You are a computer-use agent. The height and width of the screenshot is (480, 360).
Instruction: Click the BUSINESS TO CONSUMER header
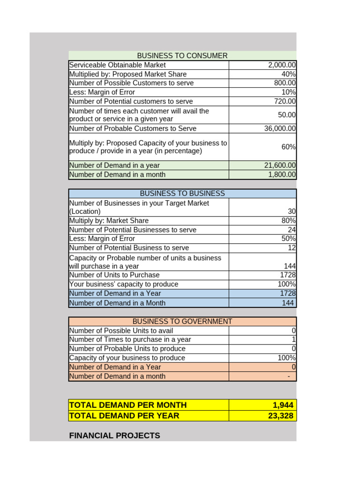pyautogui.click(x=182, y=56)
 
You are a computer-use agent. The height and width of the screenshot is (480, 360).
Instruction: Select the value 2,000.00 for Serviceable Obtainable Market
pyautogui.click(x=281, y=65)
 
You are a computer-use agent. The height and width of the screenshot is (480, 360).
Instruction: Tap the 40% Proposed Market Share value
pyautogui.click(x=288, y=74)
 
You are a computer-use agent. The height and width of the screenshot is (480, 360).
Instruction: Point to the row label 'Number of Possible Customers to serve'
pyautogui.click(x=131, y=83)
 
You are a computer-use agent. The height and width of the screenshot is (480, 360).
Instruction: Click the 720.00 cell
pyautogui.click(x=285, y=101)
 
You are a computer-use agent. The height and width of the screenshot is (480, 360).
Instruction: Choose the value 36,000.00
pyautogui.click(x=280, y=128)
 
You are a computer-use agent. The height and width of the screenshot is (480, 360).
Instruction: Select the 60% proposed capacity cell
pyautogui.click(x=288, y=147)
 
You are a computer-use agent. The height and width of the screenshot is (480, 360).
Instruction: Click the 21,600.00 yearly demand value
pyautogui.click(x=280, y=165)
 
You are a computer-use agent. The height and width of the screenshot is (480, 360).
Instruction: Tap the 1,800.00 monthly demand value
pyautogui.click(x=282, y=174)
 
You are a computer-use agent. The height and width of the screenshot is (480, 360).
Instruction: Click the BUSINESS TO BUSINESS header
pyautogui.click(x=182, y=194)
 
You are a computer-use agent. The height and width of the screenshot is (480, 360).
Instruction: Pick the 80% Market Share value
pyautogui.click(x=288, y=221)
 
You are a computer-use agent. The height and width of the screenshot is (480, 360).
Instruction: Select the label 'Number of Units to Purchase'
pyautogui.click(x=114, y=275)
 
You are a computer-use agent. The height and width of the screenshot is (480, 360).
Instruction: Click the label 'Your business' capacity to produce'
pyautogui.click(x=124, y=284)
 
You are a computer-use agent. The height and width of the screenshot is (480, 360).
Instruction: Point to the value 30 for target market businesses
pyautogui.click(x=292, y=211)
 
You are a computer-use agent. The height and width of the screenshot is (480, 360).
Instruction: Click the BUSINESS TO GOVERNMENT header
pyautogui.click(x=182, y=322)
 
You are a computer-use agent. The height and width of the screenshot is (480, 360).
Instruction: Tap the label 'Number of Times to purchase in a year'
pyautogui.click(x=130, y=339)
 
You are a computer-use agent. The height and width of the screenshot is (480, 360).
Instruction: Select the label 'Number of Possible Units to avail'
pyautogui.click(x=121, y=330)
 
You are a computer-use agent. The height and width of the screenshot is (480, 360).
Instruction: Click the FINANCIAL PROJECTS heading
pyautogui.click(x=114, y=436)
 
